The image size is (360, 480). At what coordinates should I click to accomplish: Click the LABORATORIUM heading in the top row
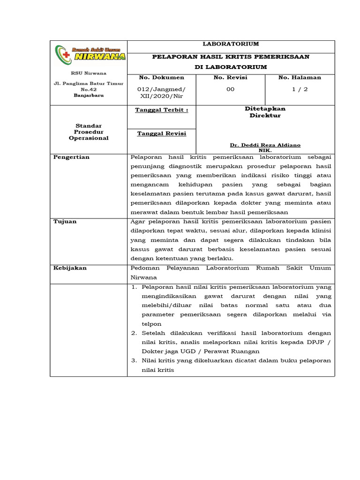231,44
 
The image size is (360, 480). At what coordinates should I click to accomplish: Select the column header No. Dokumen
162,77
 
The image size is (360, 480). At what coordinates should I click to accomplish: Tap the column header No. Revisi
230,77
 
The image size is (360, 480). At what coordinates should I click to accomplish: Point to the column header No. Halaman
300,77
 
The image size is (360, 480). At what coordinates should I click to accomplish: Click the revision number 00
230,89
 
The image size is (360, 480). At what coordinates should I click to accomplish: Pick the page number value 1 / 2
300,89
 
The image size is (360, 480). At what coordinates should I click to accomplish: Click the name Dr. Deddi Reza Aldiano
265,145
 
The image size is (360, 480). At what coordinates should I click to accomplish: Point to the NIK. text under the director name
265,150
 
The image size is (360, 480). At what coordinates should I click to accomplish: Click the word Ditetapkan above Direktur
265,108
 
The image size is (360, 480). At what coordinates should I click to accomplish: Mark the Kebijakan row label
69,268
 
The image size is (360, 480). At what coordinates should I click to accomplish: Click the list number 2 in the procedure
134,333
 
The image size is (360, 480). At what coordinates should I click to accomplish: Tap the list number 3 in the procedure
134,360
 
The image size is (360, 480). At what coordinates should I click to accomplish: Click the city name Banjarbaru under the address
89,95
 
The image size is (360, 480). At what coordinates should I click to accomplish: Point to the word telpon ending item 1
151,324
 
